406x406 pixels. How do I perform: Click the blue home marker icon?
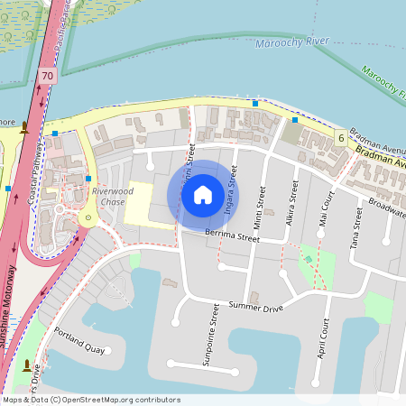click(x=203, y=194)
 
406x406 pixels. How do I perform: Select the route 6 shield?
click(x=340, y=138)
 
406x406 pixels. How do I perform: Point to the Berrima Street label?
click(x=232, y=236)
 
